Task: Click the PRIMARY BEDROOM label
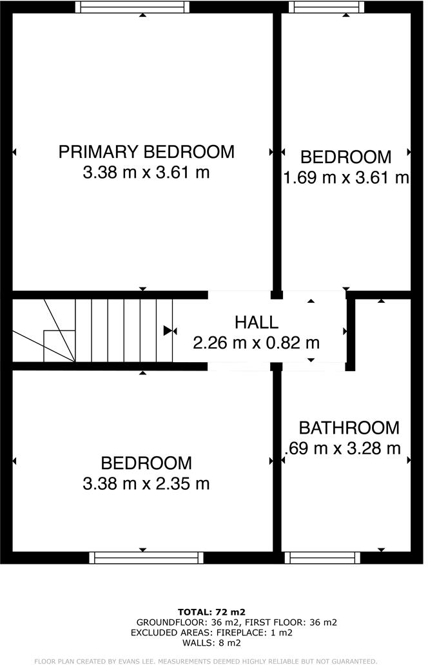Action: click(x=146, y=152)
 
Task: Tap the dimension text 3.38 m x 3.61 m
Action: click(x=146, y=173)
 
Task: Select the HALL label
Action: click(x=256, y=322)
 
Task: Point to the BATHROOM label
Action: click(x=349, y=427)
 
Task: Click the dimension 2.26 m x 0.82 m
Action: click(x=256, y=343)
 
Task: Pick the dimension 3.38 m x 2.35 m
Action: click(x=146, y=483)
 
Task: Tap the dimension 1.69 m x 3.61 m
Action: click(x=347, y=177)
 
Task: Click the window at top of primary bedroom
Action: click(x=132, y=7)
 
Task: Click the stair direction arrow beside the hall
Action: click(x=170, y=331)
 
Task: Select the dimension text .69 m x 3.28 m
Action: click(x=343, y=448)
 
